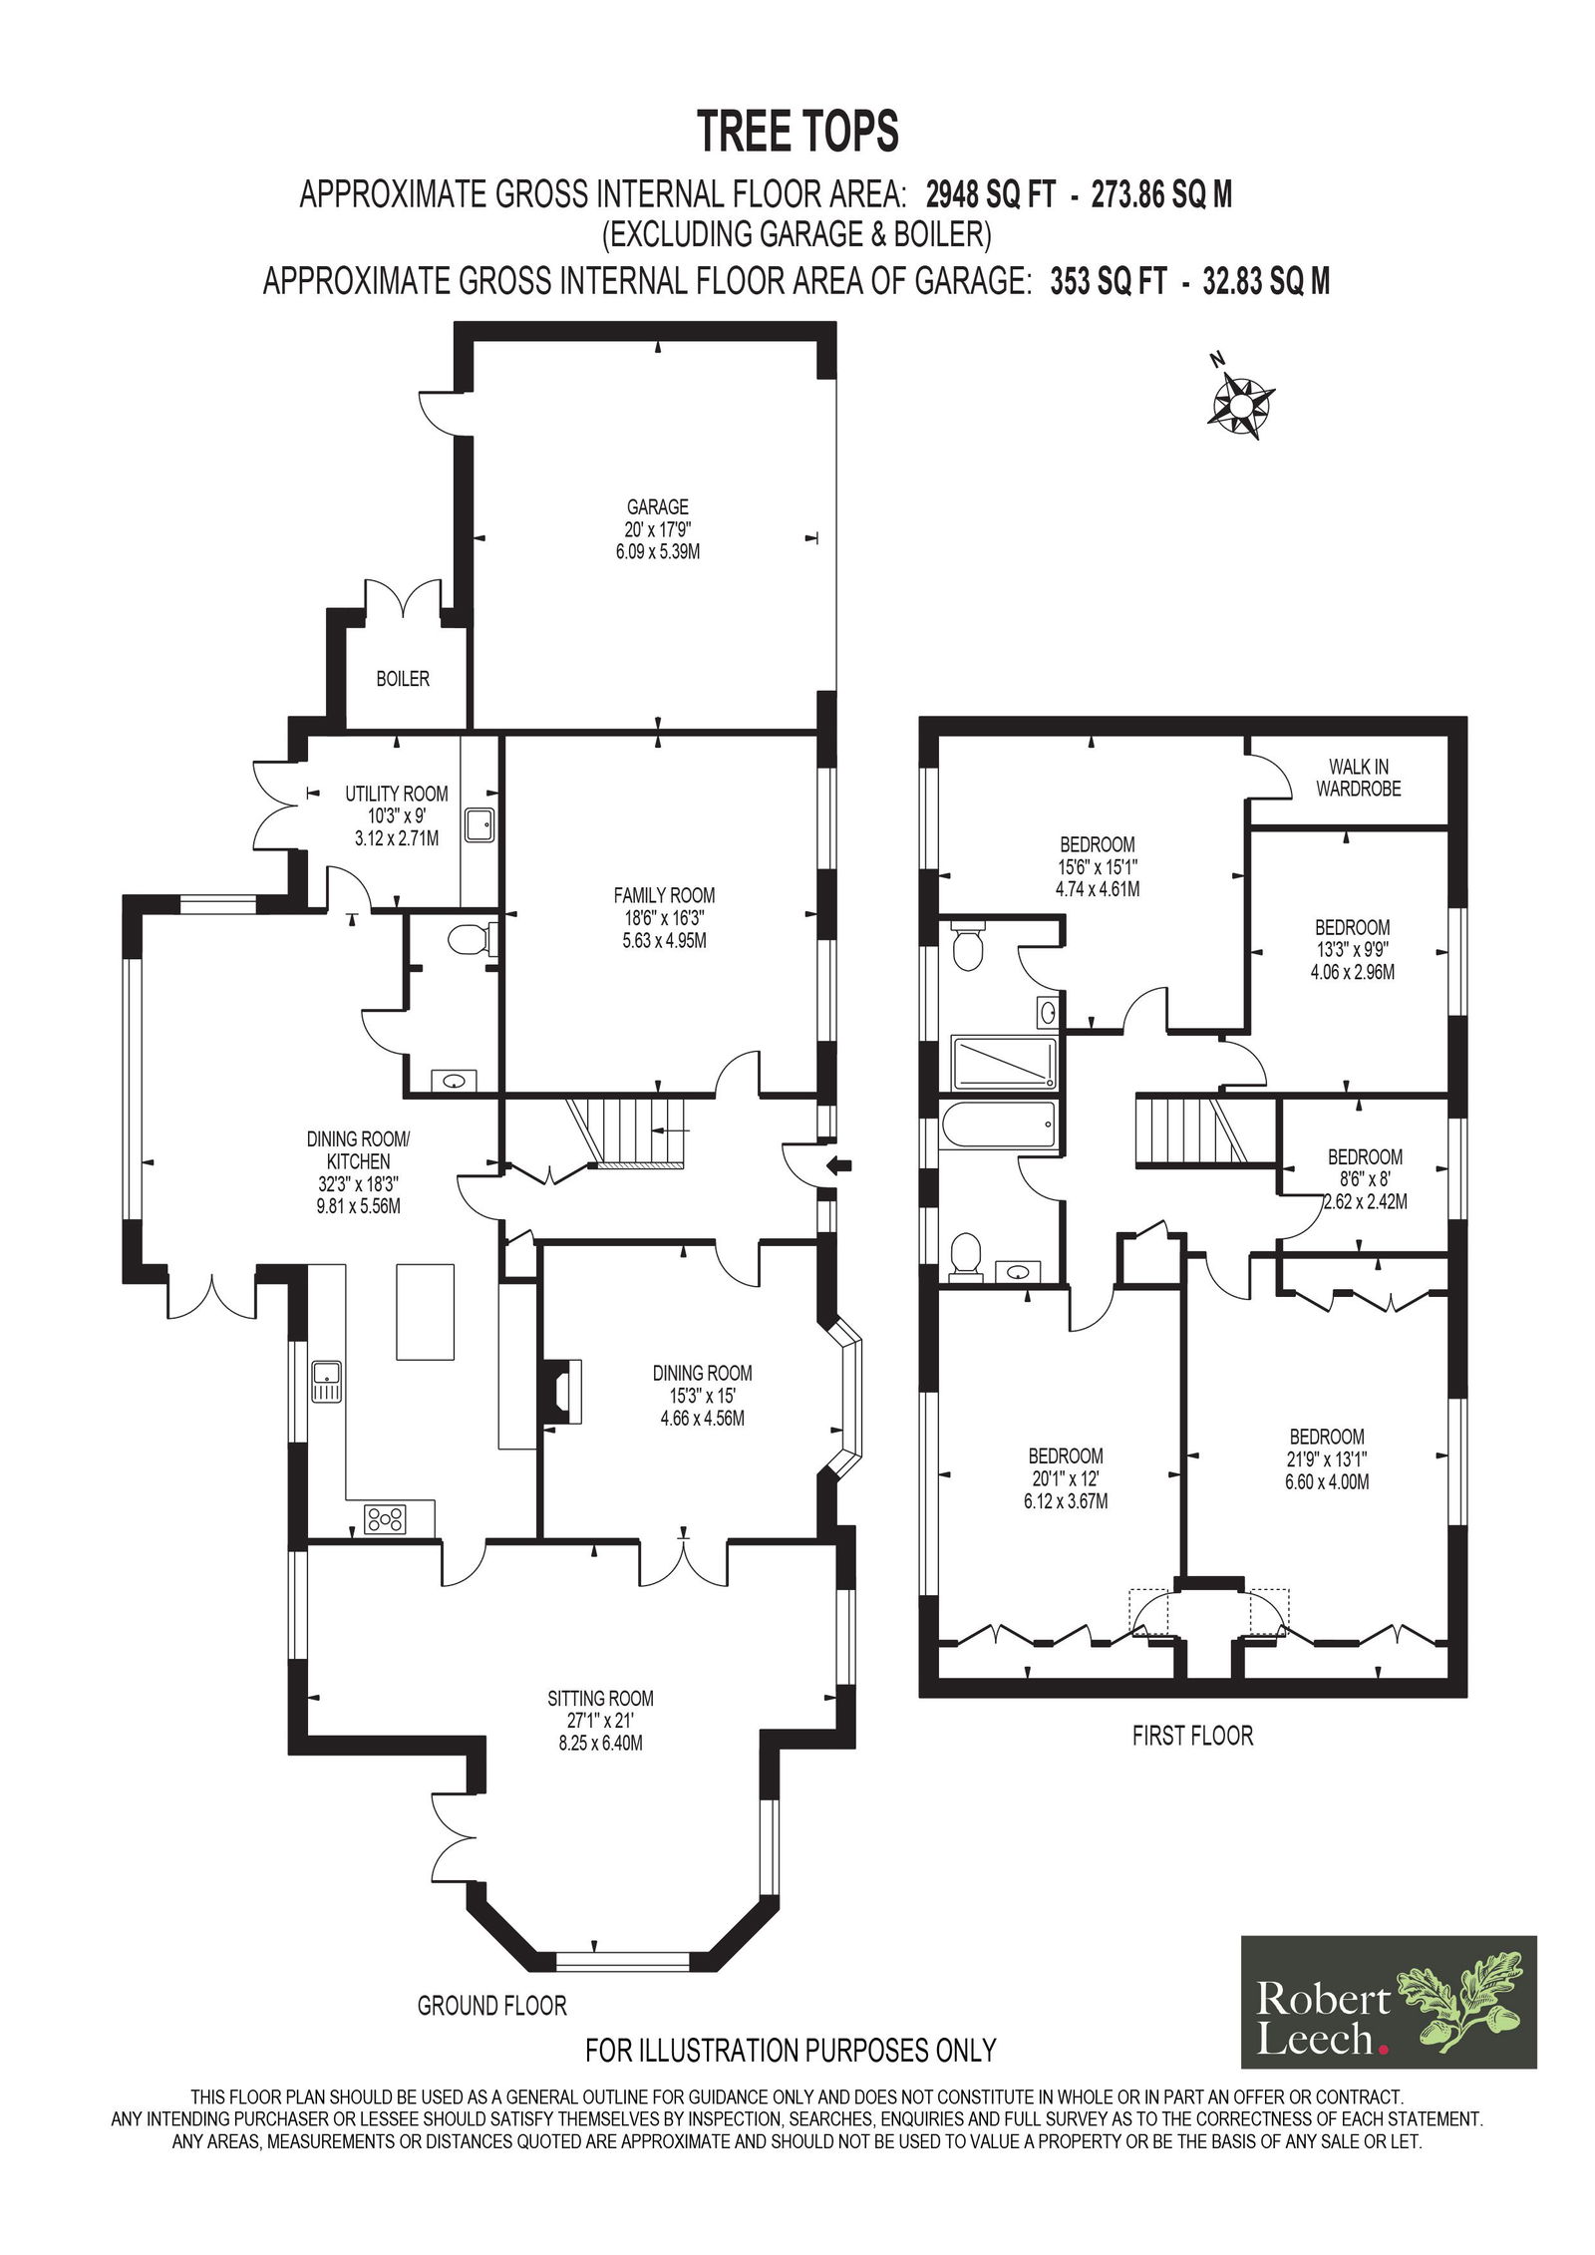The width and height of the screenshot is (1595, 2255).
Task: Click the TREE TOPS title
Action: click(x=797, y=131)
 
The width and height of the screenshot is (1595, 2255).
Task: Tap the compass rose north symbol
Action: click(x=1240, y=403)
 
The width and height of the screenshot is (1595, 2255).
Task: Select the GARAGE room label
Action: click(x=658, y=506)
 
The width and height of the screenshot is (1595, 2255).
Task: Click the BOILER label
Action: click(x=403, y=679)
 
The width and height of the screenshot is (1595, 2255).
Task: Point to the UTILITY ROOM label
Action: click(x=397, y=794)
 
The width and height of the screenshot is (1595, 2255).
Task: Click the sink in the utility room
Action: click(x=480, y=824)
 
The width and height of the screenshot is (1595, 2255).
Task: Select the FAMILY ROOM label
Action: click(x=664, y=895)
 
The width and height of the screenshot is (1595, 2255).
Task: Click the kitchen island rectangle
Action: click(x=426, y=1311)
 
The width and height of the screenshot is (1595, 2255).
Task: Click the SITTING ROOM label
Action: click(x=600, y=1698)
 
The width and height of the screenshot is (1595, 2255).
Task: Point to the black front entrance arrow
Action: click(x=840, y=1163)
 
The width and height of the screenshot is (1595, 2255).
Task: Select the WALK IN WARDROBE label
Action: click(x=1358, y=778)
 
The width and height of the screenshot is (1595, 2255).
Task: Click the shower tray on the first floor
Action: click(x=1004, y=1064)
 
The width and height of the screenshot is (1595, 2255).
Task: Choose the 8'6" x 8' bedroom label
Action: click(x=1365, y=1179)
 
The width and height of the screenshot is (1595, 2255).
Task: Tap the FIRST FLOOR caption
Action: click(x=1192, y=1736)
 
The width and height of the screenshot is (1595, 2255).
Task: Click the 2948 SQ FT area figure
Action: click(x=990, y=193)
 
